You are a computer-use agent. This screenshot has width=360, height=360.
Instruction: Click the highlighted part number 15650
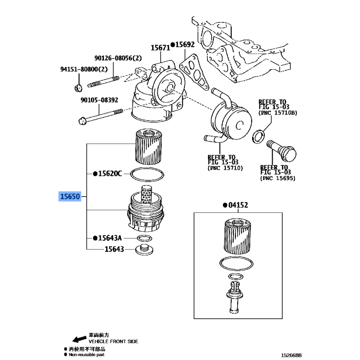(x=70, y=197)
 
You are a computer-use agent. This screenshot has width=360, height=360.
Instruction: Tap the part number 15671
(x=160, y=48)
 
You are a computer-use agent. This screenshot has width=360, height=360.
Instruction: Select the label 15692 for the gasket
(x=185, y=44)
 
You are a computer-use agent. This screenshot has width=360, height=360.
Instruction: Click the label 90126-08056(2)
(x=118, y=58)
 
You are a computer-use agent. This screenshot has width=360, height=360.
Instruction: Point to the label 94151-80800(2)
(x=84, y=69)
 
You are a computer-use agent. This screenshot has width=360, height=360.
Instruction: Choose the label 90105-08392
(x=99, y=100)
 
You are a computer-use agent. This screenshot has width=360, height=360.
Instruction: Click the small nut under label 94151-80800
(x=78, y=88)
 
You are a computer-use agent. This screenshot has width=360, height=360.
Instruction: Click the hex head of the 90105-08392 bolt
(x=82, y=121)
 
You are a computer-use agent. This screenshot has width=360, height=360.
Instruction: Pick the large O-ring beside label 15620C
(x=147, y=175)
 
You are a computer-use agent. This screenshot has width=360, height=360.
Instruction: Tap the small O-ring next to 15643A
(x=144, y=238)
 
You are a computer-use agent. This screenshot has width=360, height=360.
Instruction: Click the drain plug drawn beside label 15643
(x=144, y=250)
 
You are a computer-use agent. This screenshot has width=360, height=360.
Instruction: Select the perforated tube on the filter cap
(x=146, y=194)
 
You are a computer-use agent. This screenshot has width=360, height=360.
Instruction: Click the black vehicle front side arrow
(x=80, y=339)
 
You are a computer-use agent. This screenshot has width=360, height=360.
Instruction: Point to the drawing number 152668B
(x=291, y=355)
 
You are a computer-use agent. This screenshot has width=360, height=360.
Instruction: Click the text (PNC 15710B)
(x=278, y=113)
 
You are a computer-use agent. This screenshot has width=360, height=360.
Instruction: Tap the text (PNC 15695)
(x=278, y=178)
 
